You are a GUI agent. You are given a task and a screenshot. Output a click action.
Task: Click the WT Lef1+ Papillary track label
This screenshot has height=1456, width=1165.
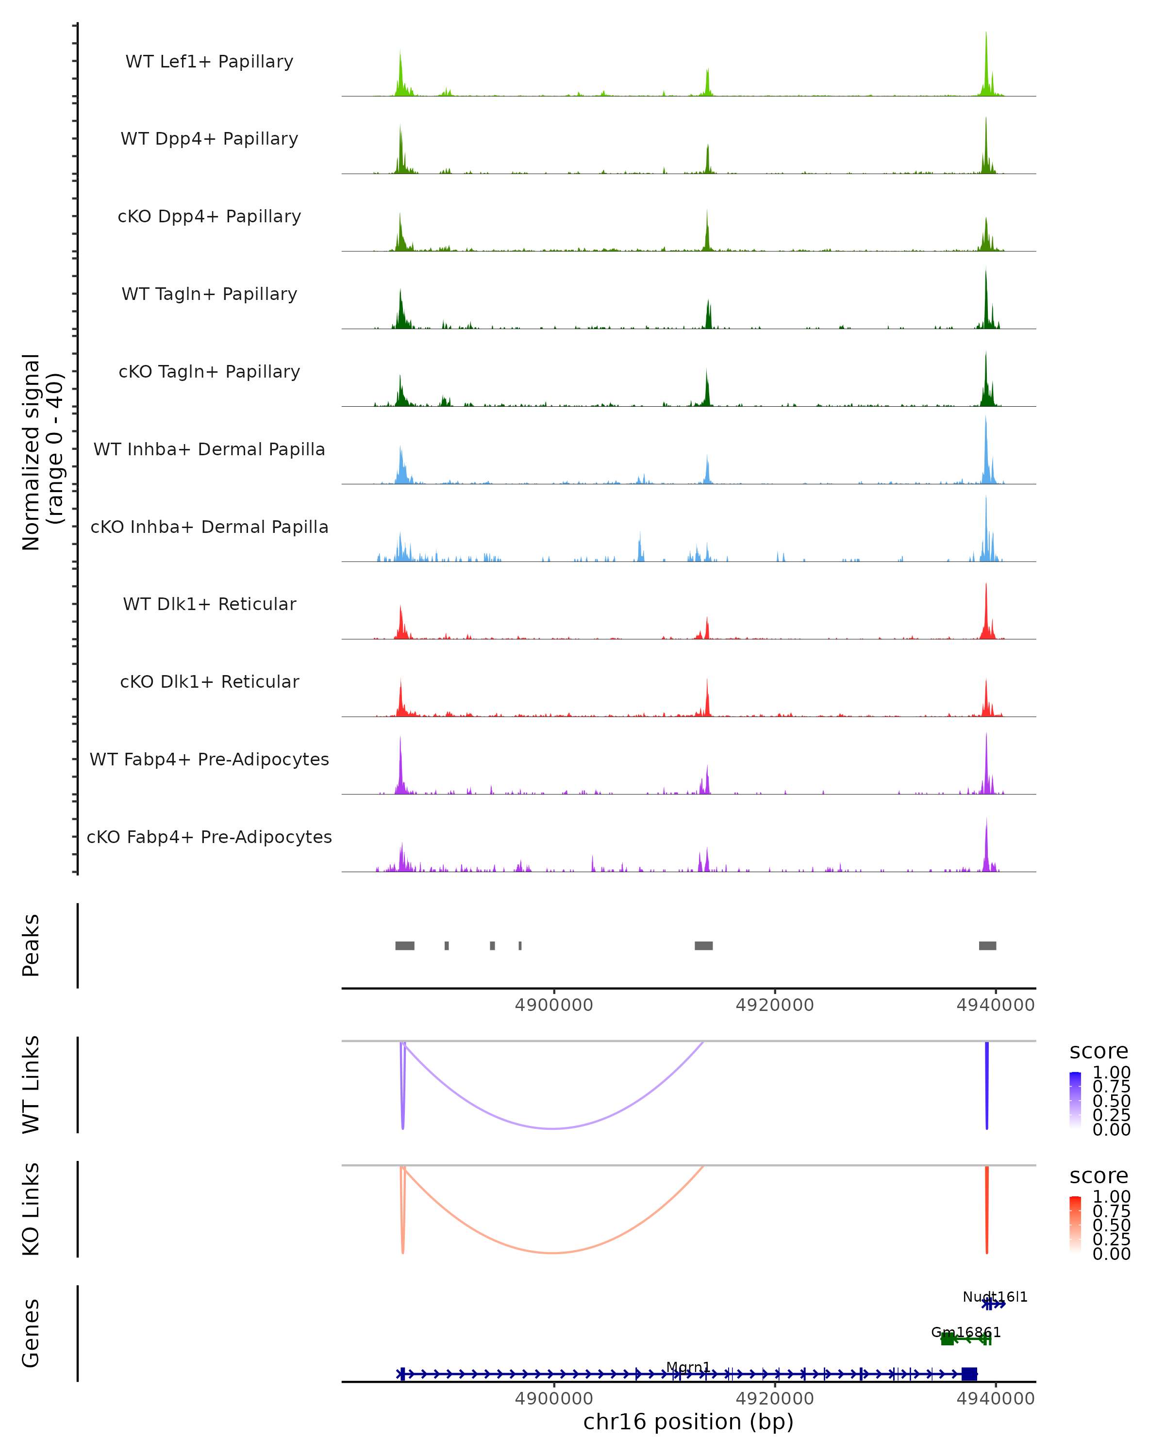[x=209, y=62]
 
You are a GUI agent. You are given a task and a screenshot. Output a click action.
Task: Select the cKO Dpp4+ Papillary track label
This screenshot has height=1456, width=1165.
[x=209, y=217]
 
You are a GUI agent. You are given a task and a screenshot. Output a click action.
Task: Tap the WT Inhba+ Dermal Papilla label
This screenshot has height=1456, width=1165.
[x=209, y=450]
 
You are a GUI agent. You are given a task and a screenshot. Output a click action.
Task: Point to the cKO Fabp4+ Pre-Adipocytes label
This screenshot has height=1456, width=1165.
[x=209, y=837]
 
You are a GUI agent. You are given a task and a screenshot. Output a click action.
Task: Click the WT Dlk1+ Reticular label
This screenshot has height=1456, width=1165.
[x=209, y=604]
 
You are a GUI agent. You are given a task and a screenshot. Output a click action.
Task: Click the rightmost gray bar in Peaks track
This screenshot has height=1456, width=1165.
[x=987, y=945]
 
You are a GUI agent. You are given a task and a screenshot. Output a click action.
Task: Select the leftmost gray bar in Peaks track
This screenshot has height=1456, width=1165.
[x=404, y=945]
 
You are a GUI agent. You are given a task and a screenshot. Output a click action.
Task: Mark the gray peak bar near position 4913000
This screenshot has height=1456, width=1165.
[x=704, y=945]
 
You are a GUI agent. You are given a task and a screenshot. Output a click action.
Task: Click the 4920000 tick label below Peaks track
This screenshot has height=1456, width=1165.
[x=775, y=1006]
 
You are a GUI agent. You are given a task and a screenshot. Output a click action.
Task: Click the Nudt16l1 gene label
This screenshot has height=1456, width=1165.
[x=995, y=1297]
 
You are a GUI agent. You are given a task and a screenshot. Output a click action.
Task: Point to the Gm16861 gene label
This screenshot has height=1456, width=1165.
[x=966, y=1332]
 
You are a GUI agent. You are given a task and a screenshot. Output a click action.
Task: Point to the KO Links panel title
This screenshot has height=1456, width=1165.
[x=31, y=1209]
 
